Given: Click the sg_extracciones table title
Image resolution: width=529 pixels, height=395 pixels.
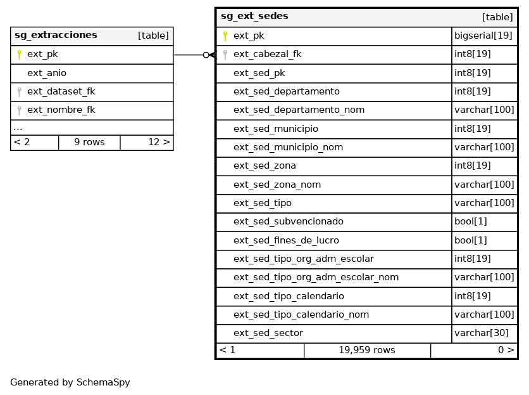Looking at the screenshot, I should [x=56, y=36].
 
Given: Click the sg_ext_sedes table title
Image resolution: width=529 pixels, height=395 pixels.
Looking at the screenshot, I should [x=254, y=16].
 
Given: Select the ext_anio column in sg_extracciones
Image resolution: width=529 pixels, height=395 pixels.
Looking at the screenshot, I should [x=47, y=73].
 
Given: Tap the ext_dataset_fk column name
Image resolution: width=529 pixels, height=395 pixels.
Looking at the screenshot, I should [x=61, y=92].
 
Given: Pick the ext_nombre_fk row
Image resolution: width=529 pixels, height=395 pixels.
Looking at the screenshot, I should [x=61, y=110].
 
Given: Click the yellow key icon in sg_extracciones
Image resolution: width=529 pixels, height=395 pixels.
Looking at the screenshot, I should [x=19, y=55].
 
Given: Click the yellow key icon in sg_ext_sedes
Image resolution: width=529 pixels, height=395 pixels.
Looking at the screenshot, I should [x=225, y=36].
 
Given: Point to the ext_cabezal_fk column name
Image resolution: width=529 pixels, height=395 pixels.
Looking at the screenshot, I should [x=267, y=55].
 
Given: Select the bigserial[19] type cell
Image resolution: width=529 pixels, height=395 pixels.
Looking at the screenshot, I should [x=483, y=36].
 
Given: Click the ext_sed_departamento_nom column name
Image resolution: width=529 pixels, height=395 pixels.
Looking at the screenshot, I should [x=299, y=110].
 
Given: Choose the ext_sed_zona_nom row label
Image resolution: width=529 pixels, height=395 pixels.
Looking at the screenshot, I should [x=277, y=185].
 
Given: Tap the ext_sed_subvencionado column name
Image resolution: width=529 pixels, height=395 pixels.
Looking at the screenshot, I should [x=288, y=222].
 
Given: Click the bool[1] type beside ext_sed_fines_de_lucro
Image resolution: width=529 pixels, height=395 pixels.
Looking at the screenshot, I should [x=471, y=240].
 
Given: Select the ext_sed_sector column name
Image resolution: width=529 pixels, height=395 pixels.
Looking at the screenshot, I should [x=268, y=333].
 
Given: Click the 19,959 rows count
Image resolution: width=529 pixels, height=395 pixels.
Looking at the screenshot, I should [x=366, y=351].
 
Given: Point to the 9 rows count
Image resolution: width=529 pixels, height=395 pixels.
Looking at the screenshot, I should [x=89, y=142].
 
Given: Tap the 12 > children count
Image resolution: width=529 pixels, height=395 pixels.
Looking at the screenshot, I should [x=159, y=142].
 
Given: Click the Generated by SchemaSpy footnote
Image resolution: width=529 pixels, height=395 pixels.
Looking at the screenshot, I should [x=70, y=383].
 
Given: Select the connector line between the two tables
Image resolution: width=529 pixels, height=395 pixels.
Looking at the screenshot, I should [x=189, y=55].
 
